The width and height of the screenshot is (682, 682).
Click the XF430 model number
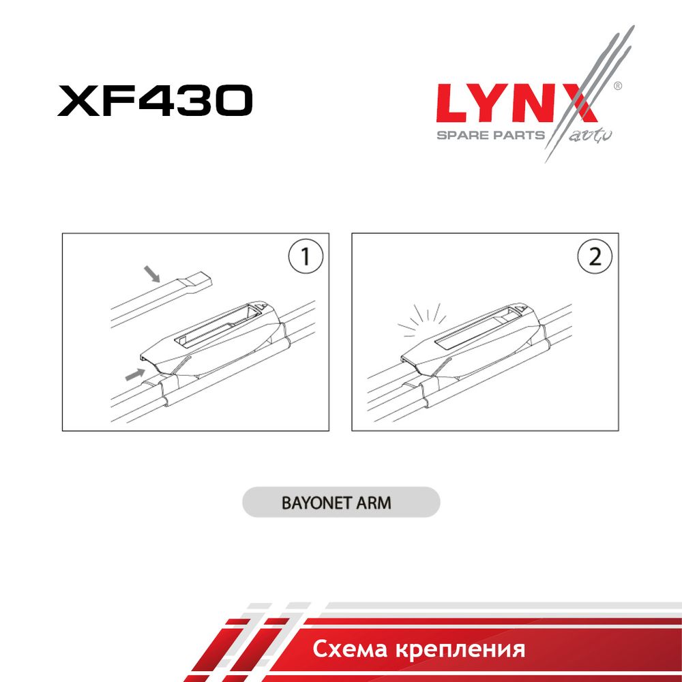coord(155,100)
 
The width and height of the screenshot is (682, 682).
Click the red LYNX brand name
coord(517,103)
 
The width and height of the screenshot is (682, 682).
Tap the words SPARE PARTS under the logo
coord(490,135)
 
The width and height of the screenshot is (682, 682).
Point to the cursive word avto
coord(590,136)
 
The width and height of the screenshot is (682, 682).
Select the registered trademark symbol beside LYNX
coord(617,86)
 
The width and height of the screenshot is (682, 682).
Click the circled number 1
coord(306,256)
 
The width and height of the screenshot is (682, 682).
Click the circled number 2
coord(595,256)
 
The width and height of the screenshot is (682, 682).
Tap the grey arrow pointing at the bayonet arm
coord(152,274)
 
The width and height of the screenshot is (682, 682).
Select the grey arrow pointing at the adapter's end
coord(135,374)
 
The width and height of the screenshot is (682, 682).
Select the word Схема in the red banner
coord(350,649)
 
